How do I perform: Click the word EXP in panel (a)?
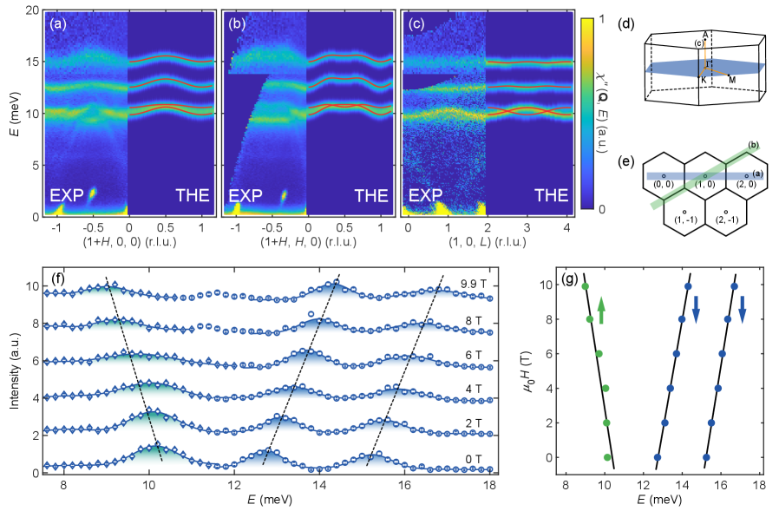tap(66, 196)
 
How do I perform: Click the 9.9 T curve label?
tap(477, 283)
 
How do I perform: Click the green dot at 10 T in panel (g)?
tap(586, 286)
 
